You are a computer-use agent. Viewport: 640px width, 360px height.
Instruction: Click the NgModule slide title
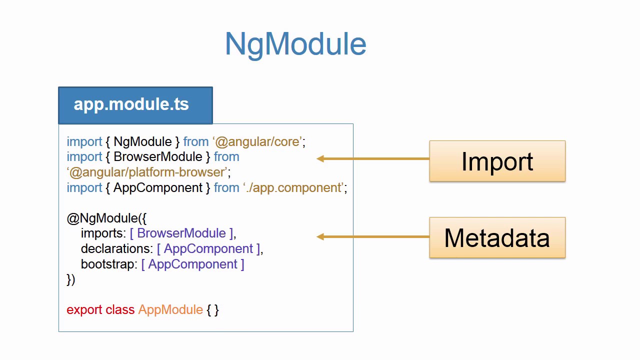(x=295, y=44)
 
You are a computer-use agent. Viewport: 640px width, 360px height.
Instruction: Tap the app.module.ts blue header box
(x=135, y=105)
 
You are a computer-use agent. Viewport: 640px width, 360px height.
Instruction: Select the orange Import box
(x=497, y=161)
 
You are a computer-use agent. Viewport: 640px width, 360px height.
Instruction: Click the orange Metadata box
(x=497, y=237)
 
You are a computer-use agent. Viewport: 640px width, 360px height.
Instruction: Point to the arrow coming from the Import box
(x=372, y=158)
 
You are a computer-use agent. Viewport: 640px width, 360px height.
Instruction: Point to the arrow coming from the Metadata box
(x=372, y=236)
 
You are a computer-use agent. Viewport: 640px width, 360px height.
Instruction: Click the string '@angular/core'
(x=258, y=141)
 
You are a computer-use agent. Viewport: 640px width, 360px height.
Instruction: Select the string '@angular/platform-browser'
(x=148, y=172)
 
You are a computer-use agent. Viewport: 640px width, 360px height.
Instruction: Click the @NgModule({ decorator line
(x=106, y=218)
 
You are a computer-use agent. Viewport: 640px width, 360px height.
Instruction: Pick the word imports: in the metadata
(x=103, y=233)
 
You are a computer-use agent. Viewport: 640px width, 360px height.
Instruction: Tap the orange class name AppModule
(x=170, y=310)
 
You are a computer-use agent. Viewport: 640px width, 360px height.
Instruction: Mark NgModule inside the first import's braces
(x=142, y=141)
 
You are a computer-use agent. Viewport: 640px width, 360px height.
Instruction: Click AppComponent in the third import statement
(x=158, y=187)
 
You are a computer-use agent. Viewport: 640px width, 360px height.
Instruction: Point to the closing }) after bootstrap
(x=70, y=279)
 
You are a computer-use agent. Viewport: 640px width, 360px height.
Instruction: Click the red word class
(x=120, y=310)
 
